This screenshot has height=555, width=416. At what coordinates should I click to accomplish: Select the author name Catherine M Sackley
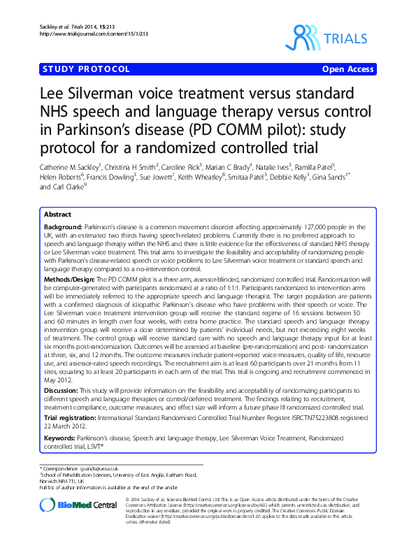click(60, 168)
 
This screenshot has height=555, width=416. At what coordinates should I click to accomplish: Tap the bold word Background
click(62, 228)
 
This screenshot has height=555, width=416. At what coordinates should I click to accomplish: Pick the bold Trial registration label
click(73, 417)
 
